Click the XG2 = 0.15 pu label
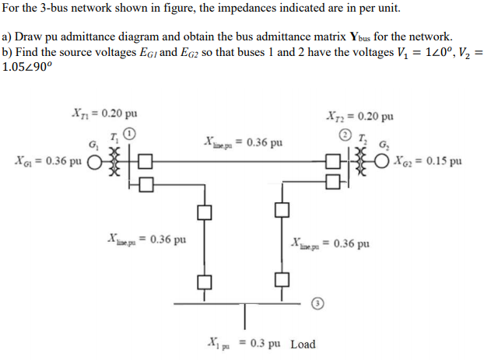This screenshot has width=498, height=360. (427, 162)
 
